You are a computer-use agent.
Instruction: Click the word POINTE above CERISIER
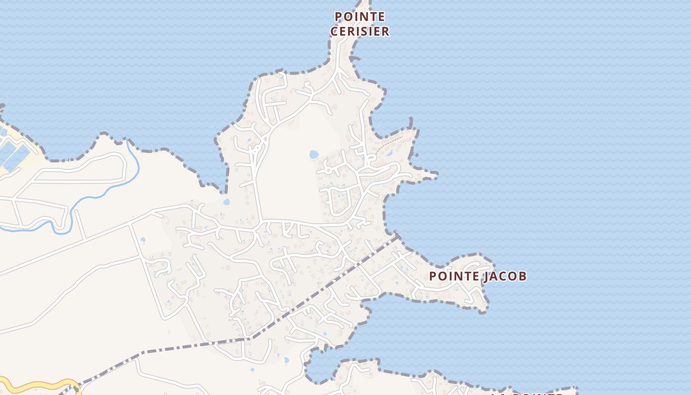point(359,16)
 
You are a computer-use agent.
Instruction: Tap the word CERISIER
point(359,31)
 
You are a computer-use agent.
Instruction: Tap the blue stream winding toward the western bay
point(99,195)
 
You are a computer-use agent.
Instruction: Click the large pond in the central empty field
point(314,155)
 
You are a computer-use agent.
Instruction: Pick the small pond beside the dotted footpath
point(389,153)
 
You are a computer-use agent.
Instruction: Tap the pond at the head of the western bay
point(226,202)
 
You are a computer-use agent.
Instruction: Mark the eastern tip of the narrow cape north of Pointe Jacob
point(436,174)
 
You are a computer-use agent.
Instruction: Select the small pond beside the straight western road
point(143,240)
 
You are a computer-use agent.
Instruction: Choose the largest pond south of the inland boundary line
point(286,360)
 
